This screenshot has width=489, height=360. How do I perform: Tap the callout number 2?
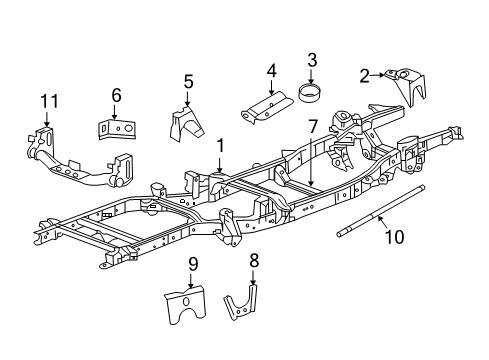366,73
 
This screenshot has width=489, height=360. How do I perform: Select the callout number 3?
312,60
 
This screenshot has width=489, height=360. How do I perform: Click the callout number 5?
188,82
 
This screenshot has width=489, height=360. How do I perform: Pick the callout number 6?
116,95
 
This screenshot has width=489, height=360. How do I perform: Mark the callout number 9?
192,264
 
